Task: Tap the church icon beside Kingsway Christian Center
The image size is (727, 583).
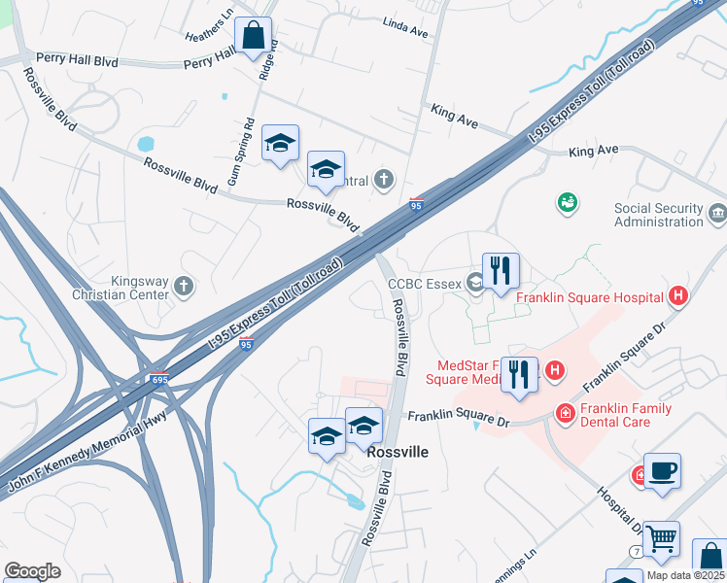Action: pyautogui.click(x=185, y=287)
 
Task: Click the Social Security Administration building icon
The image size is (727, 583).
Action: pyautogui.click(x=716, y=212)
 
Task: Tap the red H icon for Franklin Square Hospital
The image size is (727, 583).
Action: pyautogui.click(x=678, y=297)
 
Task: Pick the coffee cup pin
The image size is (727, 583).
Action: pyautogui.click(x=662, y=471)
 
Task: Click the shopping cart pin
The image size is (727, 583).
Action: pyautogui.click(x=661, y=537)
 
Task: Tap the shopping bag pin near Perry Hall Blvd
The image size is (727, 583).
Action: pyautogui.click(x=253, y=36)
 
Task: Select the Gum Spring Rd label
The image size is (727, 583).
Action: pyautogui.click(x=241, y=153)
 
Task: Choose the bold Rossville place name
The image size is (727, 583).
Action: pyautogui.click(x=398, y=452)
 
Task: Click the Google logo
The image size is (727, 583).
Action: pyautogui.click(x=32, y=571)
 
